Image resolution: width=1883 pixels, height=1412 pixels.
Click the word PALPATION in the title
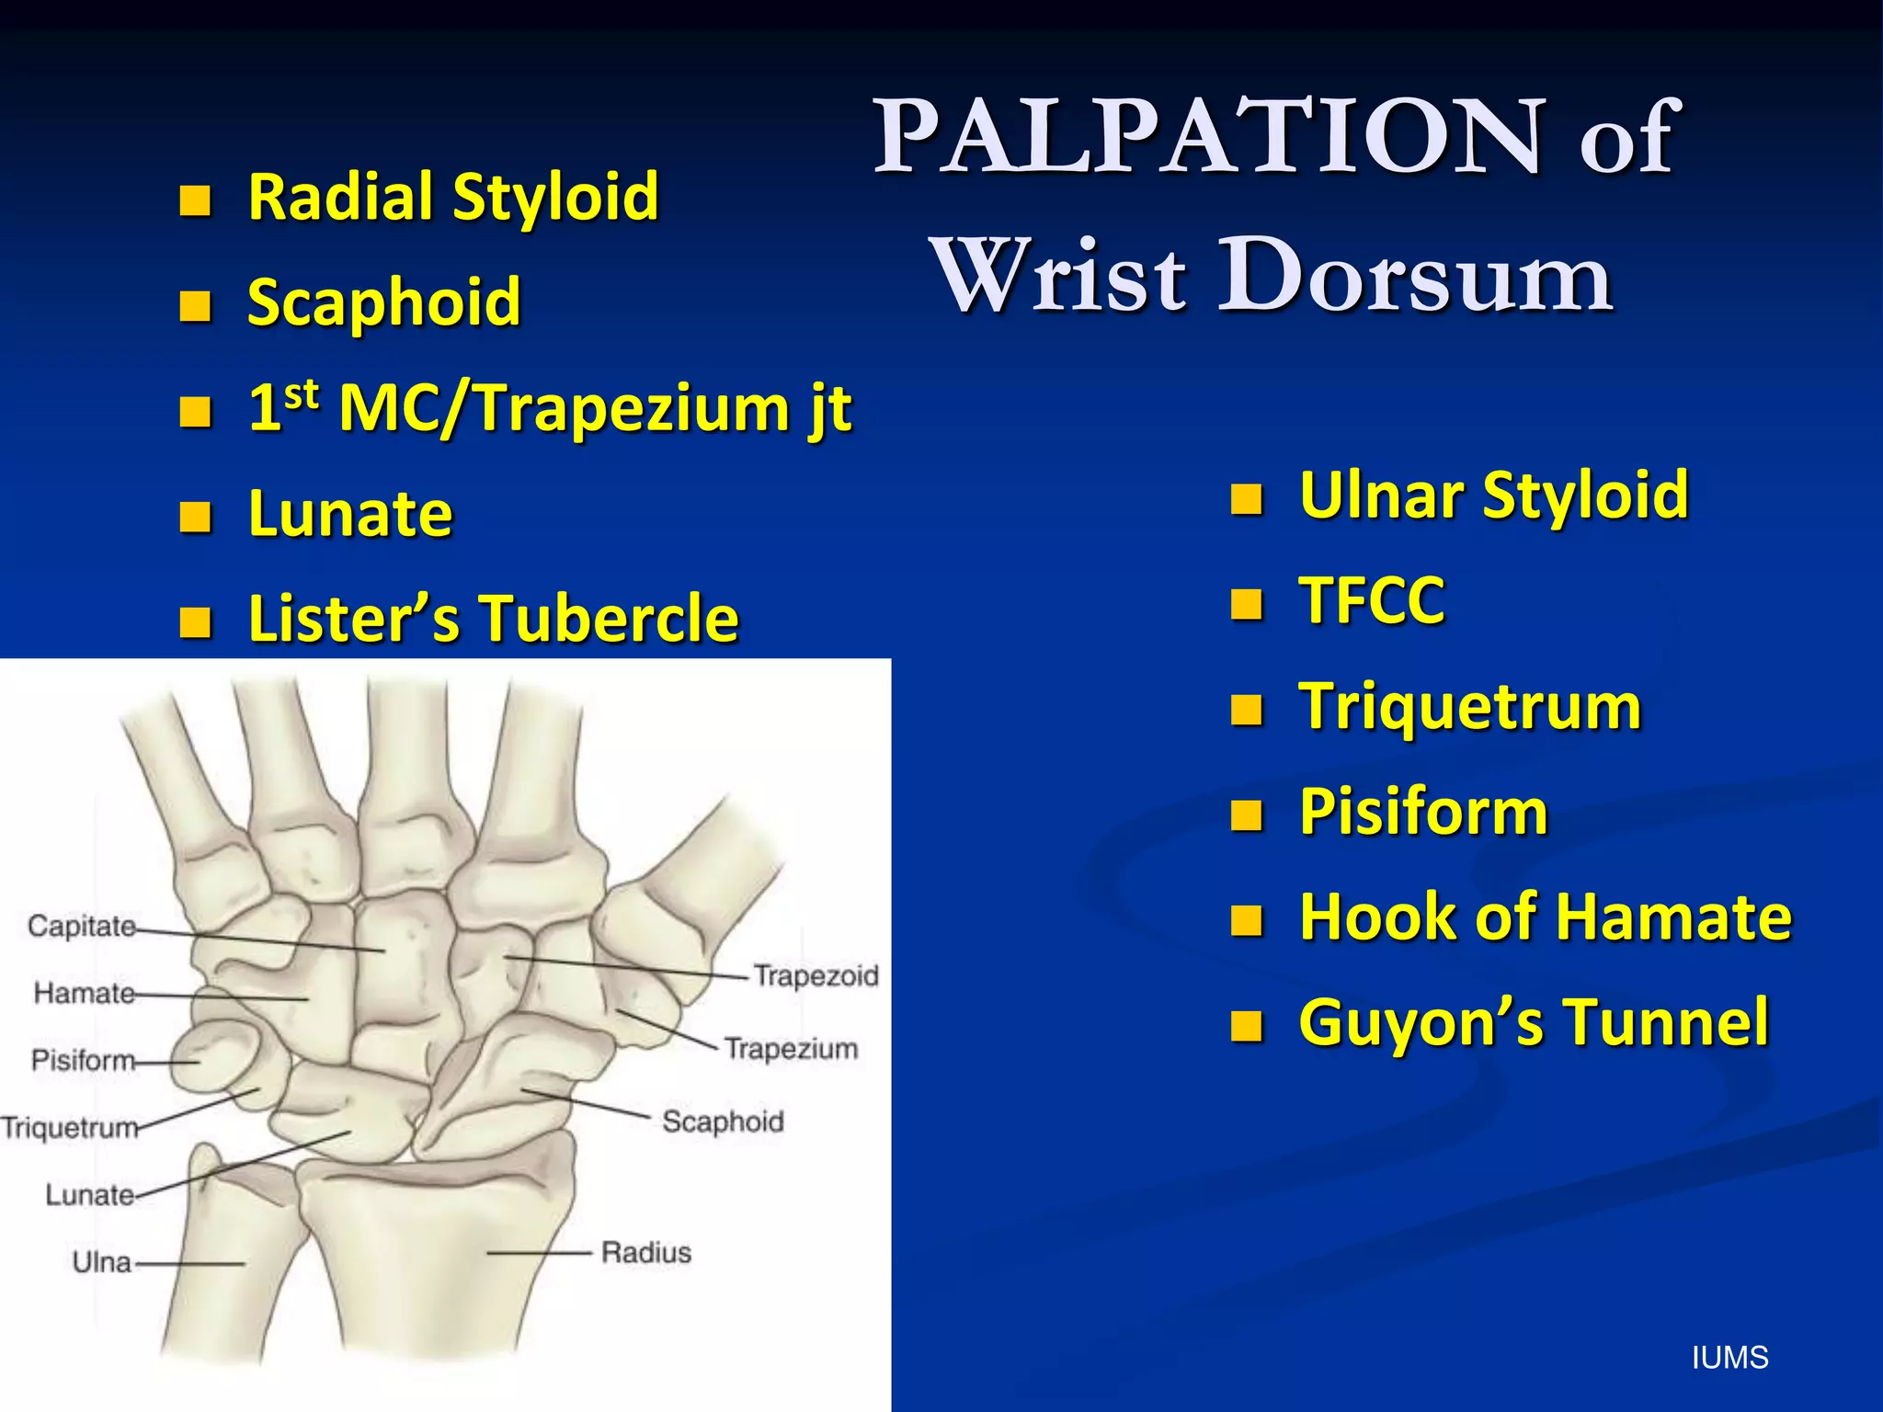coord(1209,138)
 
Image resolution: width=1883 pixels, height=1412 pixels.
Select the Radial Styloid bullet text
coord(453,197)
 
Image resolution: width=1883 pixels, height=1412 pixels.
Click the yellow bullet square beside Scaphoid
coord(195,304)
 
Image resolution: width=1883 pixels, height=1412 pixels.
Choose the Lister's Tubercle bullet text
coord(493,618)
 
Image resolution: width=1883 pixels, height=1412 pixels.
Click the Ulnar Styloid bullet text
coord(1493,495)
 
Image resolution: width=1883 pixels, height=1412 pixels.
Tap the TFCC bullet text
coord(1371,600)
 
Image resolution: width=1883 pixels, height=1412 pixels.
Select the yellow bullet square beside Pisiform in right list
coord(1247,814)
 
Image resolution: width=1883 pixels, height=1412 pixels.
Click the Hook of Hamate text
coord(1545,917)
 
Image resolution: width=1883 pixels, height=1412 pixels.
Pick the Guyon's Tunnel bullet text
coord(1533,1022)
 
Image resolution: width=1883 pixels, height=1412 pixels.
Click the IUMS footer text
coord(1729,1358)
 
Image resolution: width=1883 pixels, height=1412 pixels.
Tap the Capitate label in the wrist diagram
coord(82,926)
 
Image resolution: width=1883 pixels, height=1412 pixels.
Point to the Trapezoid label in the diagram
coord(816,975)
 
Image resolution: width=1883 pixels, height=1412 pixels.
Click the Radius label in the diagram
coord(645,1252)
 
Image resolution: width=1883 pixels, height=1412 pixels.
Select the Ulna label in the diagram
coord(101,1262)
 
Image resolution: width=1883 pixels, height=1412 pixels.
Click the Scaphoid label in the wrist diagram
coord(723,1122)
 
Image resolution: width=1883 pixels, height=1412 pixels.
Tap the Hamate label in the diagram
coord(84,993)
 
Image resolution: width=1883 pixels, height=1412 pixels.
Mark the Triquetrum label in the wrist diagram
coord(70,1128)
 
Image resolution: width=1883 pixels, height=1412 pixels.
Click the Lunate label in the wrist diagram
coord(89,1195)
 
